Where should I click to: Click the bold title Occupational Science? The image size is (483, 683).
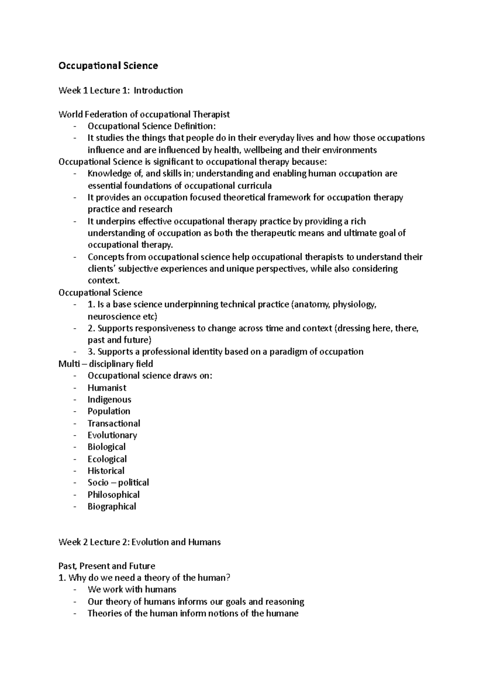108,66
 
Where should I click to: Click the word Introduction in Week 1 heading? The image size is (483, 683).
158,91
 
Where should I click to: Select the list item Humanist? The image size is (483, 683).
107,388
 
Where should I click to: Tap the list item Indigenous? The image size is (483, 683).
109,399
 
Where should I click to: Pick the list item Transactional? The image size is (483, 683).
114,423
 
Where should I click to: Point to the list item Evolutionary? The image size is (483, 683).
112,435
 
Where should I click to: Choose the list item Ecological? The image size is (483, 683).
107,459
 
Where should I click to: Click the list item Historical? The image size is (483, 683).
106,471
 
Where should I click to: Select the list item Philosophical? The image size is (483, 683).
114,495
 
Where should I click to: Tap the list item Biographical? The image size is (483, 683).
112,506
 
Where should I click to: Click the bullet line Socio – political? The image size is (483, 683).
118,483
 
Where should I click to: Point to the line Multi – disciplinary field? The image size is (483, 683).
105,364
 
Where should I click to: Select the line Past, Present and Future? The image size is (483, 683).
107,566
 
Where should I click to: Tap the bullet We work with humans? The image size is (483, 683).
132,590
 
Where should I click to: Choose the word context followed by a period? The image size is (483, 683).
103,280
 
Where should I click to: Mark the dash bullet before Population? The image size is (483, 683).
75,411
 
